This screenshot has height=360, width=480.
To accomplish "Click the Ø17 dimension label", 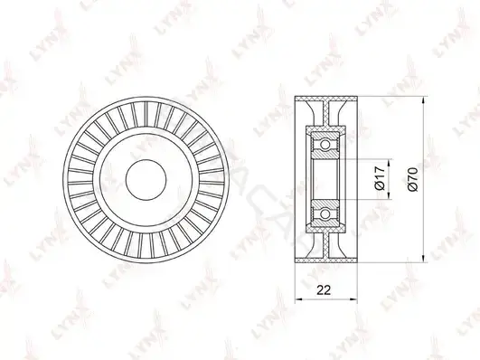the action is (380, 178).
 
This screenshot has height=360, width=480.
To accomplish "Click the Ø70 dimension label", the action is (412, 179).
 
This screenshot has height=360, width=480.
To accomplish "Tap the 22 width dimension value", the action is (324, 289).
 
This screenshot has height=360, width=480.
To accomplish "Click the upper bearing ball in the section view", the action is (325, 145).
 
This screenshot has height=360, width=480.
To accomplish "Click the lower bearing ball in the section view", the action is (325, 213).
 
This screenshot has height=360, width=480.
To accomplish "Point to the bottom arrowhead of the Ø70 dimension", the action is (423, 259).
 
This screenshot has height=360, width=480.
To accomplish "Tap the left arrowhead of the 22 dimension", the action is (299, 298).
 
